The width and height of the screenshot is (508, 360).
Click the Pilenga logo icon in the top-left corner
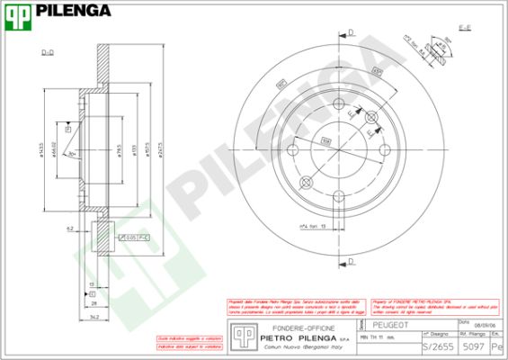[17, 12]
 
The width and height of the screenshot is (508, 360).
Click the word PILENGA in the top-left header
[73, 11]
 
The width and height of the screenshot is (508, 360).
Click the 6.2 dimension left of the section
[68, 229]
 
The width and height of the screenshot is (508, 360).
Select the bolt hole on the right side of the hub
[386, 151]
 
